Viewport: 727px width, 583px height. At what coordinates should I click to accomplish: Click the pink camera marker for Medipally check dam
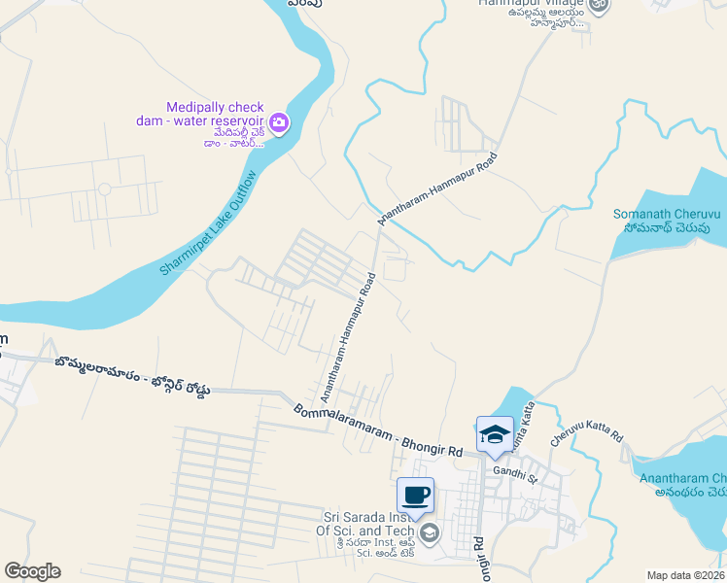pyautogui.click(x=279, y=122)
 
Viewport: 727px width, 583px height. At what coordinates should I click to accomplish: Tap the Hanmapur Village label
pyautogui.click(x=530, y=4)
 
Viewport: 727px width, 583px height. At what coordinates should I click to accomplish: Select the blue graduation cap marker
pyautogui.click(x=495, y=433)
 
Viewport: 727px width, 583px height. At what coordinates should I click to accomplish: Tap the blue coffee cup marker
pyautogui.click(x=416, y=496)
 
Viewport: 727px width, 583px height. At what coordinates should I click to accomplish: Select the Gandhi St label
pyautogui.click(x=515, y=472)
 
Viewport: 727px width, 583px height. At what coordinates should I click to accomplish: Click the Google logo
pyautogui.click(x=32, y=571)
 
